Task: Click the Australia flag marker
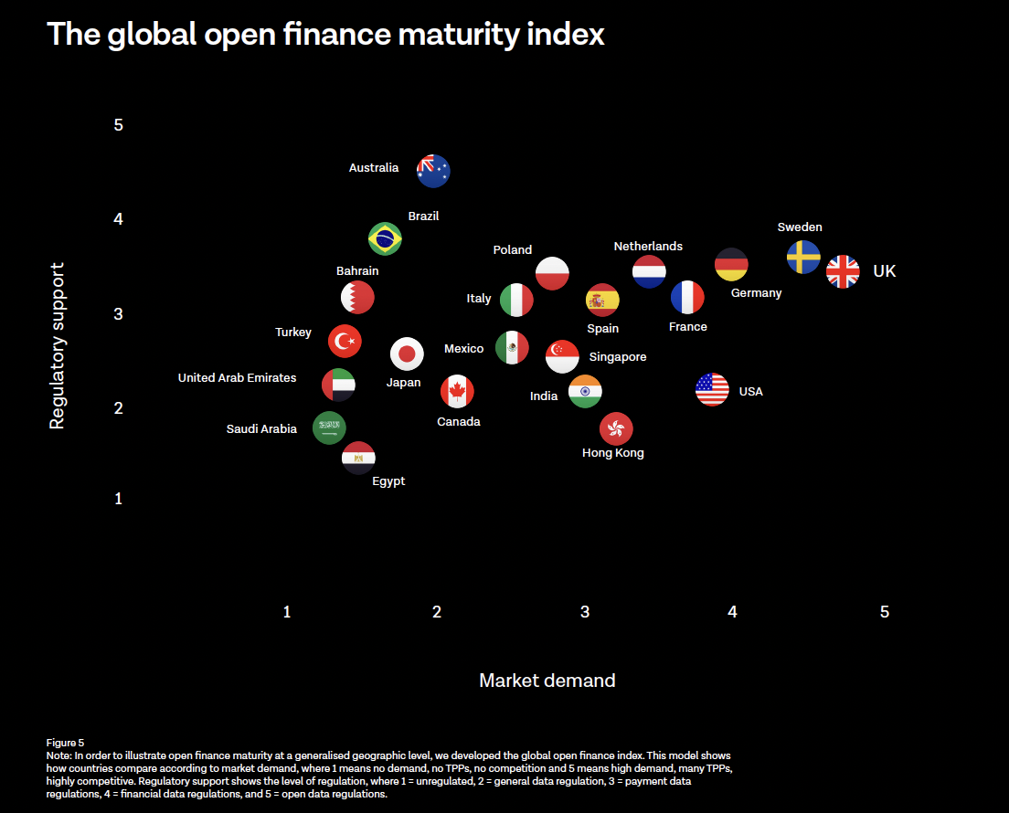[x=433, y=170]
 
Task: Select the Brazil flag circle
[x=385, y=239]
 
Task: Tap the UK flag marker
[x=843, y=271]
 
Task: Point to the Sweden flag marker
[x=803, y=258]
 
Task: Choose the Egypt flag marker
[x=358, y=457]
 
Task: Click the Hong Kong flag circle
[x=616, y=428]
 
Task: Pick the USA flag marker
[x=712, y=390]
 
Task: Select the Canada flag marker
[x=457, y=392]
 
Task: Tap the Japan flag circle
[x=407, y=354]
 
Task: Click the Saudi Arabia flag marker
[x=329, y=427]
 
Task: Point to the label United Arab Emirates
[x=237, y=377]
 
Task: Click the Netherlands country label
[x=648, y=247]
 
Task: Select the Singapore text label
[x=618, y=357]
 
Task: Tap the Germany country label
[x=756, y=293]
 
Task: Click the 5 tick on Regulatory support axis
[x=119, y=125]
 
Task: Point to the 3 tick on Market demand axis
[x=585, y=612]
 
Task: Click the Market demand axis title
[x=547, y=681]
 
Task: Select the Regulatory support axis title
[x=58, y=346]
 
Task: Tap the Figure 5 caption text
[x=65, y=743]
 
